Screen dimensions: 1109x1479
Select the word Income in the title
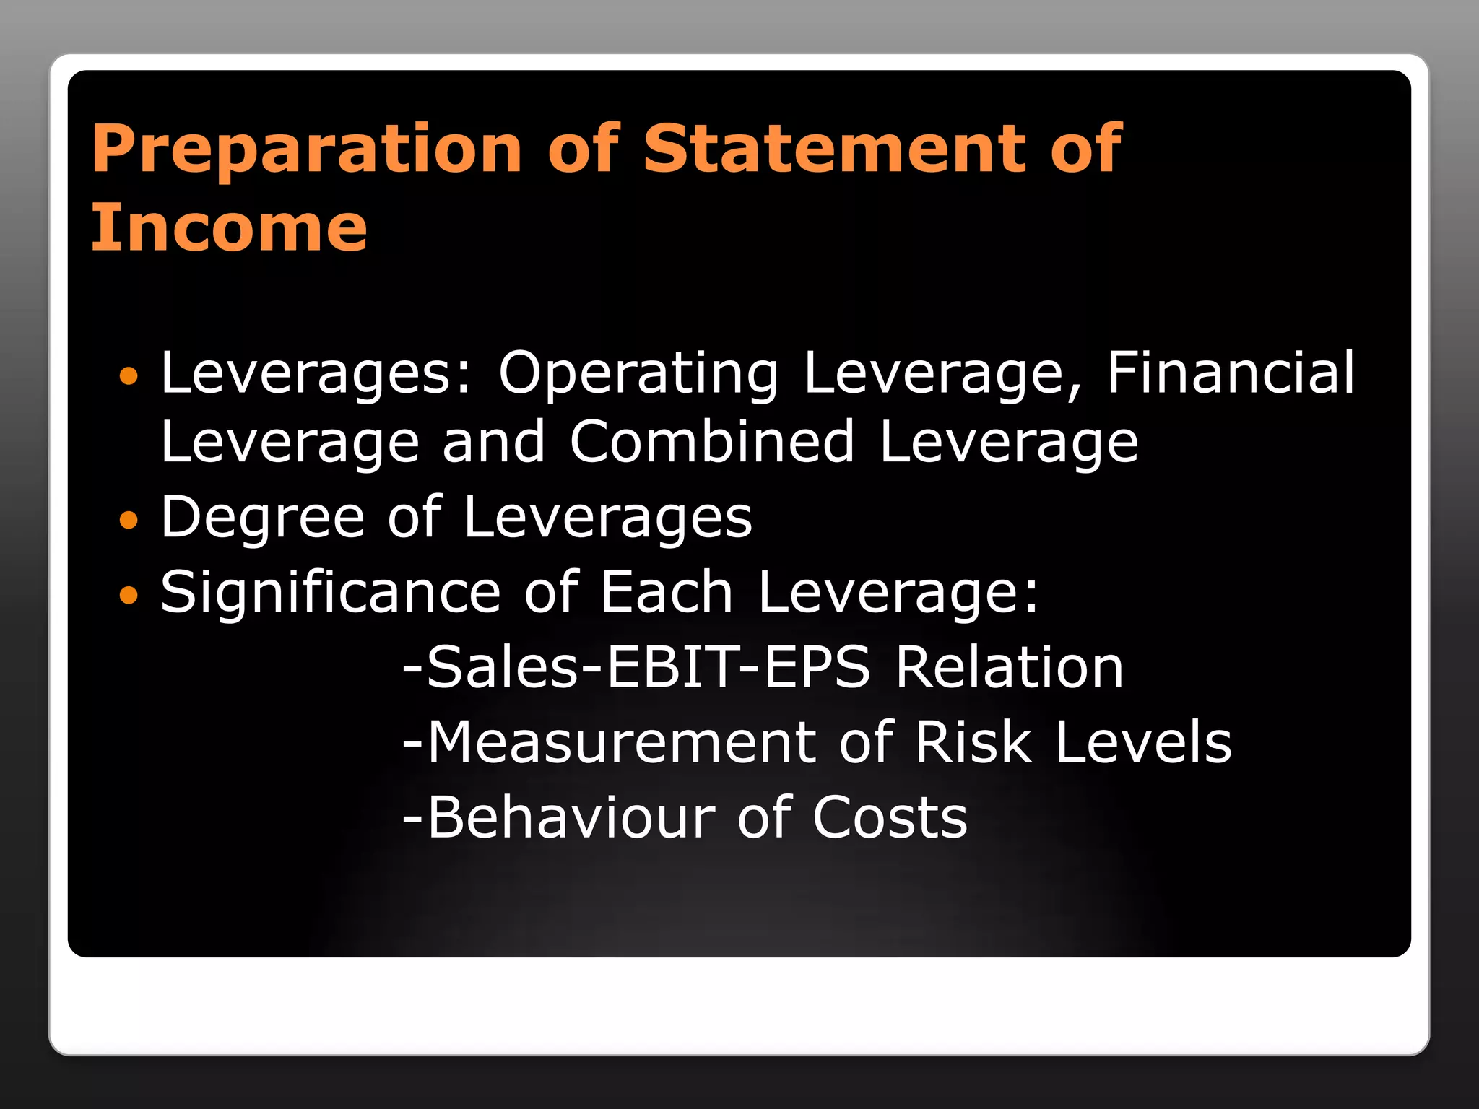pos(230,228)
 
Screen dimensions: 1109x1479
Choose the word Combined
pos(712,442)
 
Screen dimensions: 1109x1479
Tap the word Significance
pos(330,593)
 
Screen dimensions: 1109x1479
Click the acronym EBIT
pos(672,667)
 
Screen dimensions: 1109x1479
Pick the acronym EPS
pos(817,667)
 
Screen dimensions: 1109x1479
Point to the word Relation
pos(1009,667)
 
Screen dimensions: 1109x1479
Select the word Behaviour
pos(571,817)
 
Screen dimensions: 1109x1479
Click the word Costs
pos(890,817)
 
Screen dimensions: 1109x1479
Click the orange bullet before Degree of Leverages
pos(128,520)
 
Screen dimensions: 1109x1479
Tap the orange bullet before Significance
pos(128,595)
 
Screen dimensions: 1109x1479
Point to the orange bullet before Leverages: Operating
pos(128,375)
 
